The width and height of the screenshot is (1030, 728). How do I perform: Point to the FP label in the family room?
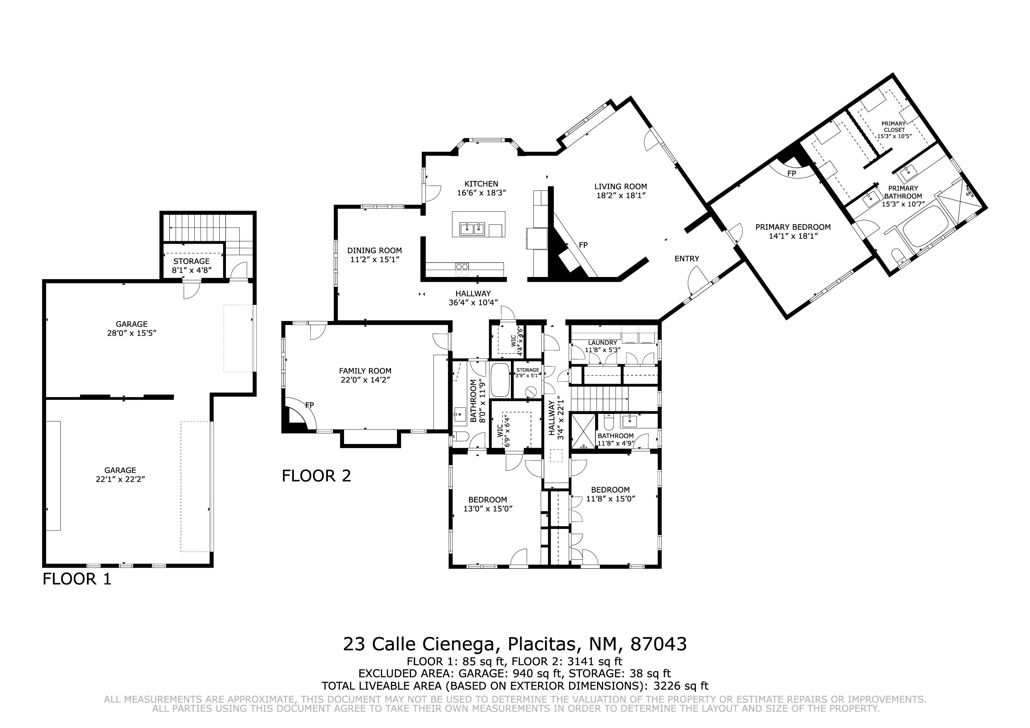coord(310,405)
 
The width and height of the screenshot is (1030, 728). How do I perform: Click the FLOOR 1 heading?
coord(77,579)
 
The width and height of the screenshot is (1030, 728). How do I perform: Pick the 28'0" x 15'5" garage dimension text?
coord(131,333)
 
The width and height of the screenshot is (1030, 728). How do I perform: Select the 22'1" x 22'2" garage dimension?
coord(120,479)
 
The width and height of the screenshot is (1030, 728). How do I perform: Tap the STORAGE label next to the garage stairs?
coord(192,261)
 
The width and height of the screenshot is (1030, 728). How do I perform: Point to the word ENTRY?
coord(687,259)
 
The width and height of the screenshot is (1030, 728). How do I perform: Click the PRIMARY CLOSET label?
coord(894,127)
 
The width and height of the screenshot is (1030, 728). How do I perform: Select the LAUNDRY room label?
coord(603,343)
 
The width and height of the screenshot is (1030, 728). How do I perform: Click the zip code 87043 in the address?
coord(659,644)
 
